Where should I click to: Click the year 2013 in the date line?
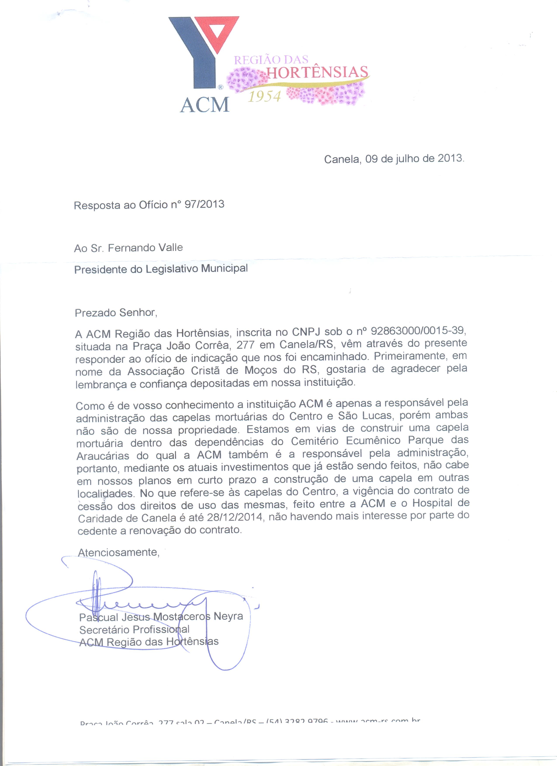(451, 158)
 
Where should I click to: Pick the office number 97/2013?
(204, 204)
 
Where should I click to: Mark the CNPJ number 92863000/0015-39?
(419, 330)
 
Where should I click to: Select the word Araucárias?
(103, 456)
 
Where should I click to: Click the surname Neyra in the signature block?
(228, 616)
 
